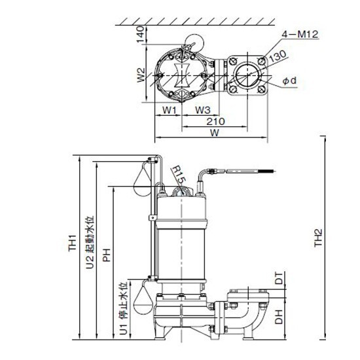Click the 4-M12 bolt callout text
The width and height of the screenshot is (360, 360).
click(x=300, y=35)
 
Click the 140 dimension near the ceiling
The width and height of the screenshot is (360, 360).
click(x=141, y=34)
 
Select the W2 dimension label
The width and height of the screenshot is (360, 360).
click(x=141, y=75)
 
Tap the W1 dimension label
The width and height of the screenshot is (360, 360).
click(x=170, y=110)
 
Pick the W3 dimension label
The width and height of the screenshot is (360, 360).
click(x=203, y=110)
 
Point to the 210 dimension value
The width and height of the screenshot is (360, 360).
click(x=215, y=122)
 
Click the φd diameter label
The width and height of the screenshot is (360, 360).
click(x=289, y=81)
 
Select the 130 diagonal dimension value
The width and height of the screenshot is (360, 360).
click(x=278, y=56)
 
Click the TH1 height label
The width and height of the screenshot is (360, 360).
click(x=72, y=243)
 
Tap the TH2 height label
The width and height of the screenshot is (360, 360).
click(x=318, y=238)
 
